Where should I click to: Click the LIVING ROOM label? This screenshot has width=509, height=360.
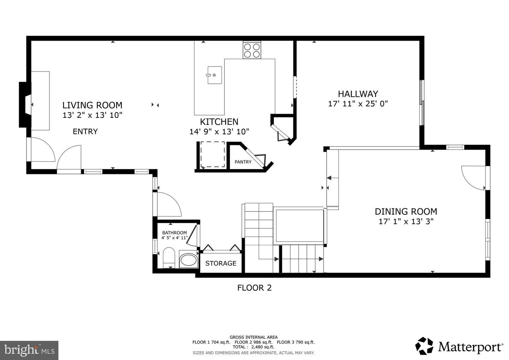click(92, 105)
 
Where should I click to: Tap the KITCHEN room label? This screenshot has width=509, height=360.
click(219, 122)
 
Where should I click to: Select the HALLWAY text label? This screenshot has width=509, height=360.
click(358, 94)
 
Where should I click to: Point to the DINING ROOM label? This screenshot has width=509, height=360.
click(406, 211)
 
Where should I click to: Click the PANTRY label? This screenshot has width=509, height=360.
click(243, 162)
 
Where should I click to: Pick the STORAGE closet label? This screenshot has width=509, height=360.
click(221, 263)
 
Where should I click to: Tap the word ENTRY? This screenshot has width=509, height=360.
click(85, 131)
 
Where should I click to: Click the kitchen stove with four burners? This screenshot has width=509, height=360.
click(252, 50)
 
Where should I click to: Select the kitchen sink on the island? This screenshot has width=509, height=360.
click(215, 75)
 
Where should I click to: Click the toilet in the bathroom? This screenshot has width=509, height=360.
click(169, 258)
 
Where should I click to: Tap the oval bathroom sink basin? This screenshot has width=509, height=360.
click(188, 259)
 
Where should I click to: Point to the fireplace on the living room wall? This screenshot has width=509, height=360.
click(25, 105)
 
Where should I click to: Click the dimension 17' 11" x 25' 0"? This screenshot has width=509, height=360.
click(358, 104)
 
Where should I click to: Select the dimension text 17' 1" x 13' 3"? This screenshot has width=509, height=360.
click(406, 221)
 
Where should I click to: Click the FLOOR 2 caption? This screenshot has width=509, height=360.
click(254, 288)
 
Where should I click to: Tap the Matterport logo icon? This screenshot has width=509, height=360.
click(424, 346)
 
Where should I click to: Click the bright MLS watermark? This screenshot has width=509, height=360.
click(29, 350)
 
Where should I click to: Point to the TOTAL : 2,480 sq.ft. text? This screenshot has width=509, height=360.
click(253, 347)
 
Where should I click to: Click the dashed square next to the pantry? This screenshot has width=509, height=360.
click(213, 154)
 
